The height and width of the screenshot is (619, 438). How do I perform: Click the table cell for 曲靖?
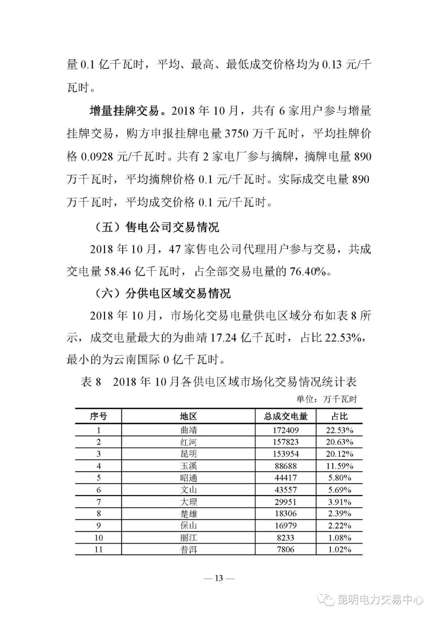tap(189, 430)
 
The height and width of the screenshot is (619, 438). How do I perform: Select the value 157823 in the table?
tap(286, 442)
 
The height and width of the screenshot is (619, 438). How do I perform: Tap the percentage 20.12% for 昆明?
tap(340, 454)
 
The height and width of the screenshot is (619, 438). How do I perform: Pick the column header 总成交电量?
tap(286, 416)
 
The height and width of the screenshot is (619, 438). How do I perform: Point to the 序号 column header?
tap(99, 416)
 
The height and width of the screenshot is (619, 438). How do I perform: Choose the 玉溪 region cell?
tap(189, 466)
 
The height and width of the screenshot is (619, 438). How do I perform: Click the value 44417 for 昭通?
tap(286, 478)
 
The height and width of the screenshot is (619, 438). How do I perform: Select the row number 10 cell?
tap(99, 538)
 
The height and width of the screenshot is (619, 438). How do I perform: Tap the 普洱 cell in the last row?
tap(189, 550)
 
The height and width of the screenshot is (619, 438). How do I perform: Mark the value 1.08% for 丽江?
tap(340, 538)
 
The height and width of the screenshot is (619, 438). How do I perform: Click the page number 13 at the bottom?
tap(219, 578)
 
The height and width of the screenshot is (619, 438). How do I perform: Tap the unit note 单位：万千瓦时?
tap(326, 399)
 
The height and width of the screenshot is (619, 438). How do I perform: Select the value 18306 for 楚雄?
tap(286, 514)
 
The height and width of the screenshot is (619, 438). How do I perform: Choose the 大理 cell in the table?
tap(189, 502)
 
